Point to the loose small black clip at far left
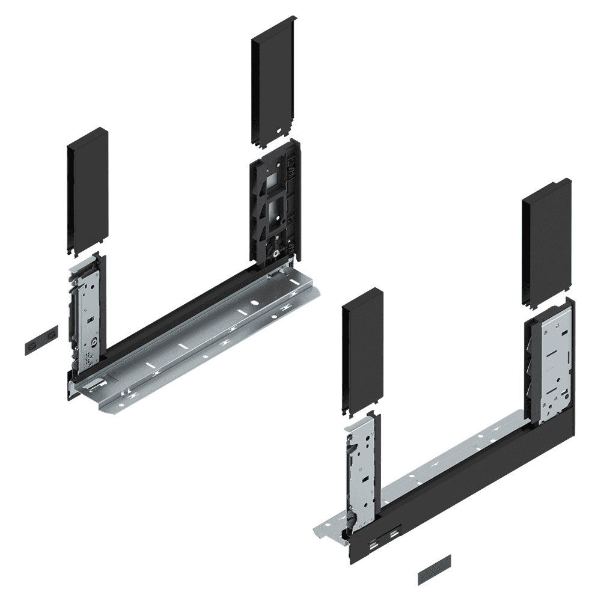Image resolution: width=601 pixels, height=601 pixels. click(x=41, y=340)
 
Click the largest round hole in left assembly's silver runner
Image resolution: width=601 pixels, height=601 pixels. click(x=254, y=304)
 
